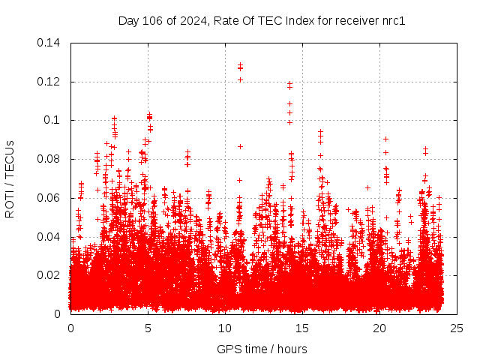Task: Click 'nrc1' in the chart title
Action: [391, 21]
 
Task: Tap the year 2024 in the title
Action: [193, 21]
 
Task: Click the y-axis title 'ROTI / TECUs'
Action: [10, 178]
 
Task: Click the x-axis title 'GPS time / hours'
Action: [262, 349]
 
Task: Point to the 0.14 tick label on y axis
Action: [50, 43]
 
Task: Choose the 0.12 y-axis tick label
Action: [50, 81]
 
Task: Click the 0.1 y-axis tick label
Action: [55, 120]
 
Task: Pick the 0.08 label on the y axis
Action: [50, 159]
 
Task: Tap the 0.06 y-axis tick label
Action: [50, 198]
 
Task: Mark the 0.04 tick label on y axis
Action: [50, 236]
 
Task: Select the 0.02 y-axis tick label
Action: [50, 275]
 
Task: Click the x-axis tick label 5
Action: [148, 328]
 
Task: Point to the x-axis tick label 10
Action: [225, 328]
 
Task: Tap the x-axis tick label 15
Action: [302, 328]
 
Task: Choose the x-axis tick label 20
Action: [379, 328]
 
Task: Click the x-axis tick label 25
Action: [457, 328]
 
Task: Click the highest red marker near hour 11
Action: [240, 65]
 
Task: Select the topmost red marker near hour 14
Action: [289, 84]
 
